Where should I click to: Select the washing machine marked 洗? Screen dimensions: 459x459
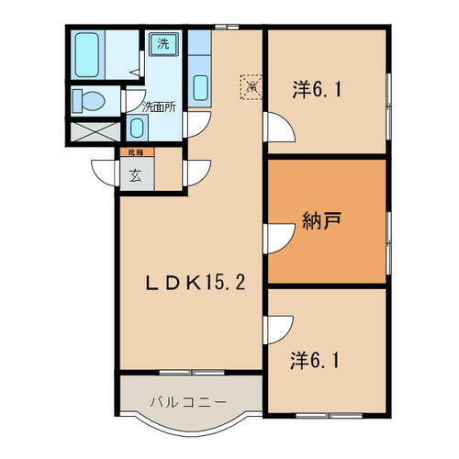coord(162,44)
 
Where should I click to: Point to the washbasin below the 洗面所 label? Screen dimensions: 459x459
coord(136,129)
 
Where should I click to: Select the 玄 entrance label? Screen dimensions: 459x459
coord(135,176)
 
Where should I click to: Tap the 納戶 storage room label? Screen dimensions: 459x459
coord(321,221)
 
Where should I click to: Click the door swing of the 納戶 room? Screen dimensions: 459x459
coord(277,237)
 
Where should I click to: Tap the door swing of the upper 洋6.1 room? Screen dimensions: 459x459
coord(277,126)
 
